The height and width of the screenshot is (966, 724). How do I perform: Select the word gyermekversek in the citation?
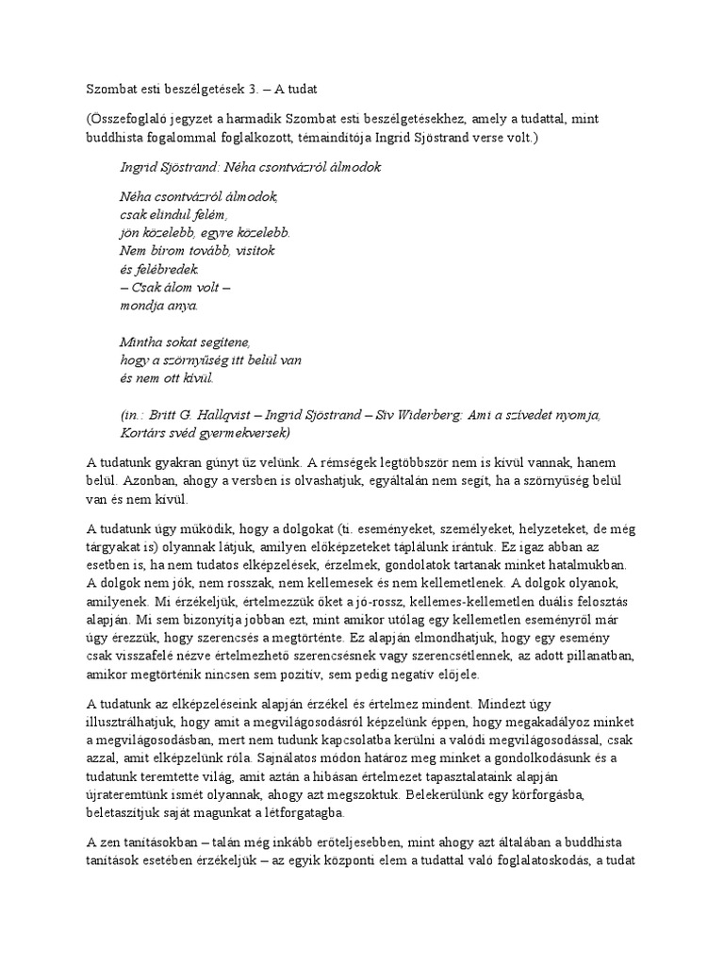[246, 432]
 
